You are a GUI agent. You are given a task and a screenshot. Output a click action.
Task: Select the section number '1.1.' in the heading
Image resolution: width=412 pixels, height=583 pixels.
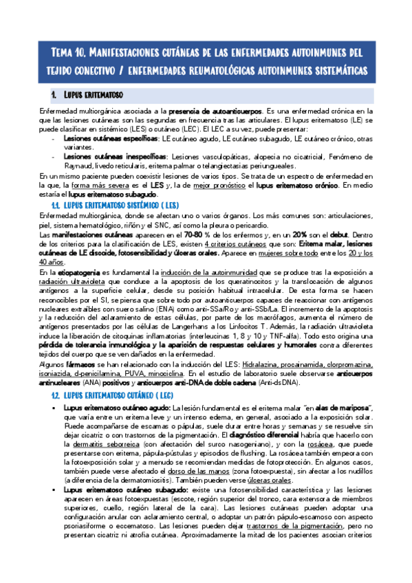coord(56,206)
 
